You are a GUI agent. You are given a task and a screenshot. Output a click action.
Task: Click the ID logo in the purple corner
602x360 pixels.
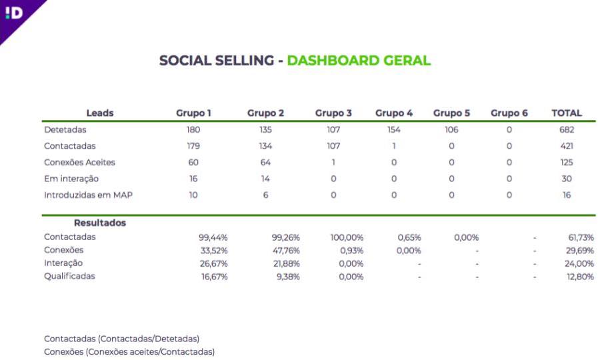coord(14,13)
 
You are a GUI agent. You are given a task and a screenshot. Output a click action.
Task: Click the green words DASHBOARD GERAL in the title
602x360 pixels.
coord(359,60)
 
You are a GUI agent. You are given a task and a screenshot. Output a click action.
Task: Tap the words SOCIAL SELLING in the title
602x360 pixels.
coord(217,60)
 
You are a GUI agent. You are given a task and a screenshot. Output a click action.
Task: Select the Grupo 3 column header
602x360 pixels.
coord(333,113)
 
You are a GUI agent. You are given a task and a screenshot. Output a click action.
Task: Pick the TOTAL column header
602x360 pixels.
coord(567,113)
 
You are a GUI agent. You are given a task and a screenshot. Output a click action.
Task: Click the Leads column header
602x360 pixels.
coord(100,113)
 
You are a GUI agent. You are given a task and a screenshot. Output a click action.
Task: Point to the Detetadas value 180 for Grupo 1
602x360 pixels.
coord(193,130)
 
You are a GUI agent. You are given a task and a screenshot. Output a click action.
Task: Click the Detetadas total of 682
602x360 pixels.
coord(567,130)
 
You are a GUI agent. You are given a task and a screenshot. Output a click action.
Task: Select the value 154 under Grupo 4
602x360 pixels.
coord(394,130)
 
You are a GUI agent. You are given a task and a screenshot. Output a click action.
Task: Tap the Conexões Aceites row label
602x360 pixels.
coord(79,163)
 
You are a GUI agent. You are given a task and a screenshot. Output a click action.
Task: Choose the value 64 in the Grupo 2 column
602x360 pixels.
coord(265,163)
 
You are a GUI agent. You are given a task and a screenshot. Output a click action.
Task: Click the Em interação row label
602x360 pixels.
coord(71,179)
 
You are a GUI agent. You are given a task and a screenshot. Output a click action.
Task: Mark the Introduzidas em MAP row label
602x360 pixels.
coord(88,195)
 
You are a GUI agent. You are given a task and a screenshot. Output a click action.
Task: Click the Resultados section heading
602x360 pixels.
coord(100,223)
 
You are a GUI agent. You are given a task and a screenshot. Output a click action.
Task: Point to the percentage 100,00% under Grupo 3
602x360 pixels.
coord(347,237)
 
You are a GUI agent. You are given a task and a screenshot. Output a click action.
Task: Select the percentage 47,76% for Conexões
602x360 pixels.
coord(285,251)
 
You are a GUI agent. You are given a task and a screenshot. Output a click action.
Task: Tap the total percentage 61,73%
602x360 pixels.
coord(581,237)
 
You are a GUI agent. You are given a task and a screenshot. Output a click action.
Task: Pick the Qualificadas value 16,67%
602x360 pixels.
coord(214,277)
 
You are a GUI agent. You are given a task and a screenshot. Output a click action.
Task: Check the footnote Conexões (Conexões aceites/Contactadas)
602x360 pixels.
coord(129,352)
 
